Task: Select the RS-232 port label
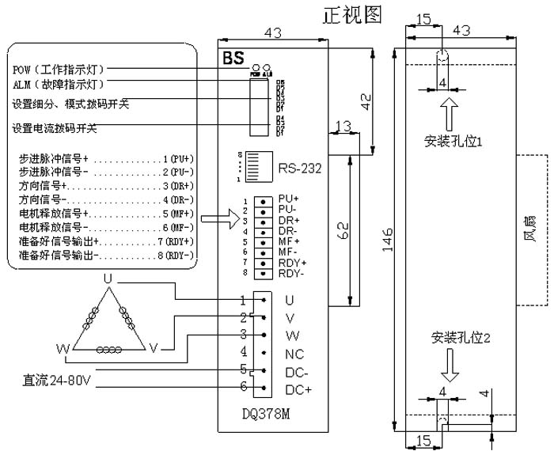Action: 299,169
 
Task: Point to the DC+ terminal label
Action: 298,389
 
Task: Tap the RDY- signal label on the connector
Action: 291,273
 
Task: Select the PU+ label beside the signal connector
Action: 289,198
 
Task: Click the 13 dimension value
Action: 343,127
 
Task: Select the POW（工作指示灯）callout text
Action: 59,70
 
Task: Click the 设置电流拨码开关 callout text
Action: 54,129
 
